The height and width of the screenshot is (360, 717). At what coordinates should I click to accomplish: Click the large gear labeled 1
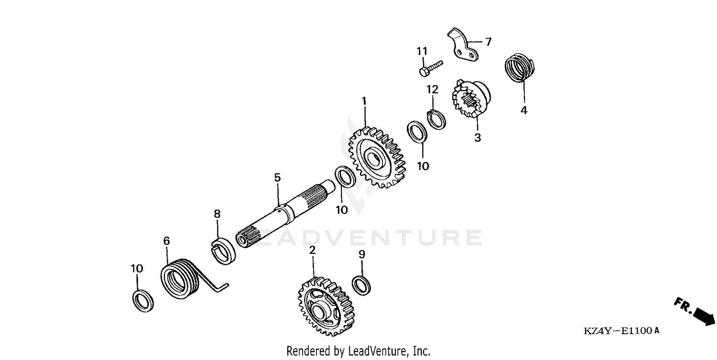point(377,158)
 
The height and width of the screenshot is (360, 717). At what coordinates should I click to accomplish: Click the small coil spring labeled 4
point(519,69)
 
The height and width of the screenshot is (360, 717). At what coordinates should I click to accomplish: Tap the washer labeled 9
point(361,285)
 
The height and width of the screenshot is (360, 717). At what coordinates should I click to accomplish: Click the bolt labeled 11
point(430,67)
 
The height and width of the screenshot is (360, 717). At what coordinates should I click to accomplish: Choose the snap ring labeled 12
point(436,119)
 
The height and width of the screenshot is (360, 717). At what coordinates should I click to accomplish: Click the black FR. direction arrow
point(703,316)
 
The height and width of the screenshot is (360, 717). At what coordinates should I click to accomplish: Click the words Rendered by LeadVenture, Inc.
point(358,351)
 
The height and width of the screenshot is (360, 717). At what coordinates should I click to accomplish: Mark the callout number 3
point(478,138)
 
